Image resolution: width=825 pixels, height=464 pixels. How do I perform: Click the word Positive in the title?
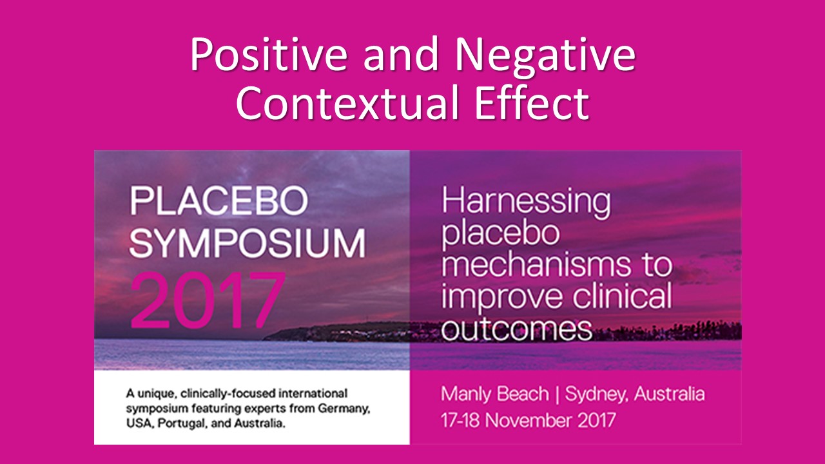coord(269,55)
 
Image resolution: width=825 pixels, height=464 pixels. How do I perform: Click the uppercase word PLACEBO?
coord(218,200)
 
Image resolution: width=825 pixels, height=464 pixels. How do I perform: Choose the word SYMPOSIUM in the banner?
coord(247,243)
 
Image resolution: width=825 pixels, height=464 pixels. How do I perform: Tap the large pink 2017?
coord(208,300)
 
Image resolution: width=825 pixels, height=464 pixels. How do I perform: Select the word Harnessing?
coord(526,203)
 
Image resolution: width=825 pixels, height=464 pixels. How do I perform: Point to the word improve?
coord(504,298)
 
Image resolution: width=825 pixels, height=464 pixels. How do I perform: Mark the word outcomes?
coord(517,329)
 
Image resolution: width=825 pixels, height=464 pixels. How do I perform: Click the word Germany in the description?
coord(344,409)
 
